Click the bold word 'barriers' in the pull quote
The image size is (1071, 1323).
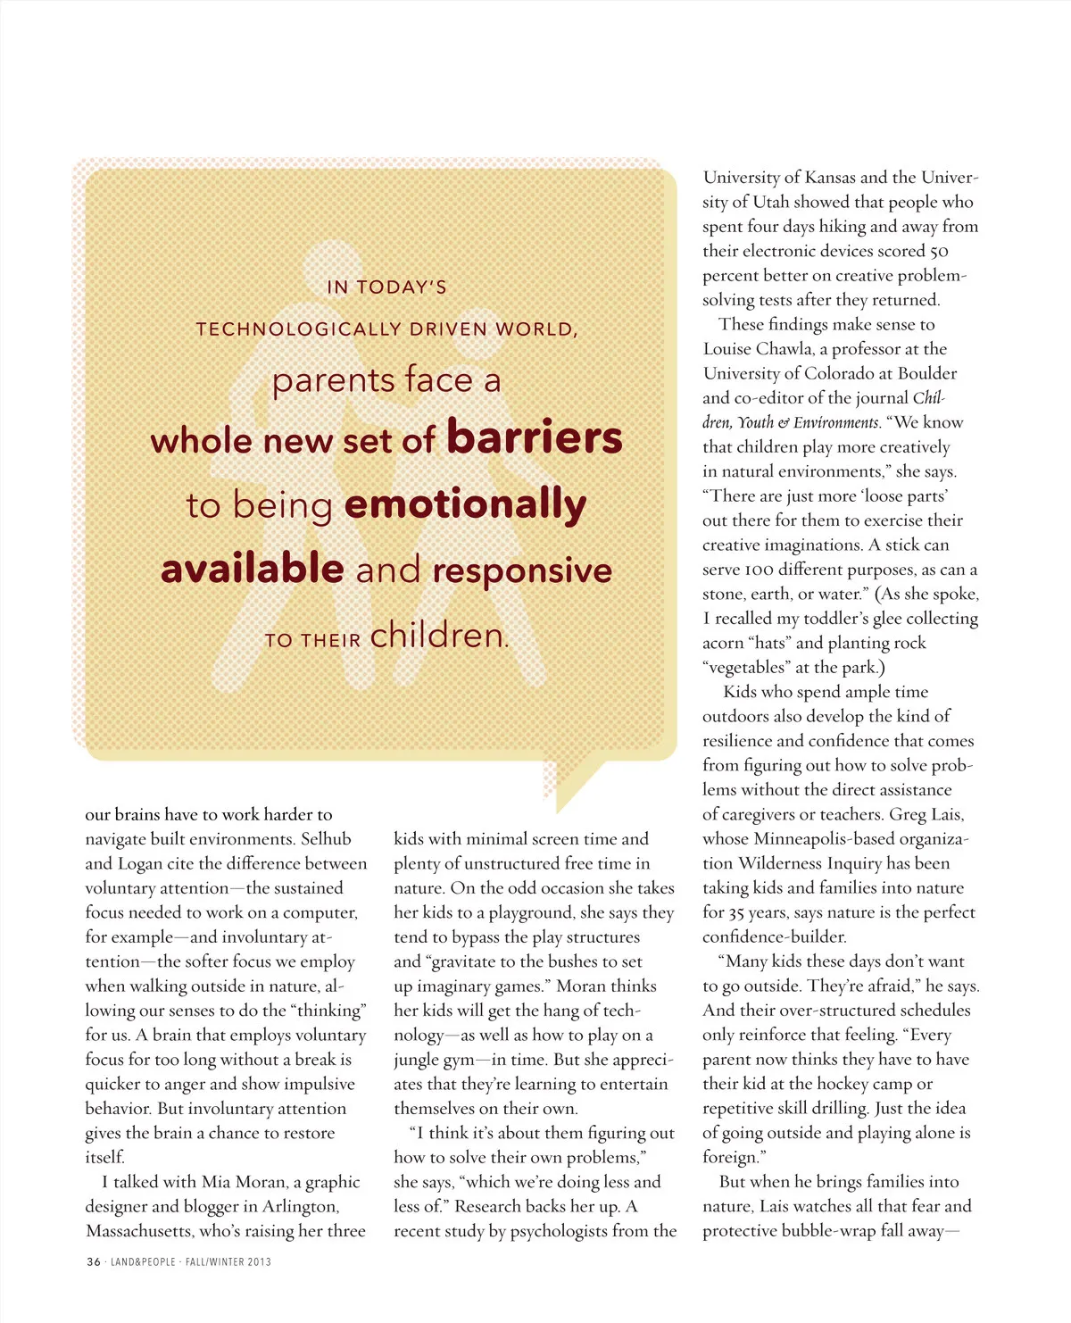click(534, 437)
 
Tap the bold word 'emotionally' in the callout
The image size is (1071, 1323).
click(465, 504)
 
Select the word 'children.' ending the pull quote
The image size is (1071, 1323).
click(439, 636)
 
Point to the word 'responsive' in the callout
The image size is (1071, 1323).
click(522, 570)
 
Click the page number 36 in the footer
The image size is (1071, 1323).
click(94, 1261)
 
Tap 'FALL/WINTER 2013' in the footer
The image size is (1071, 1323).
click(228, 1261)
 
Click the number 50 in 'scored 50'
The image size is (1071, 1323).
click(938, 252)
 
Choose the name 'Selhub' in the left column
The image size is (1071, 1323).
click(326, 839)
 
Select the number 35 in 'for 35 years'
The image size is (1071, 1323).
click(736, 912)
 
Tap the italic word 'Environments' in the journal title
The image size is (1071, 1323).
click(836, 422)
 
